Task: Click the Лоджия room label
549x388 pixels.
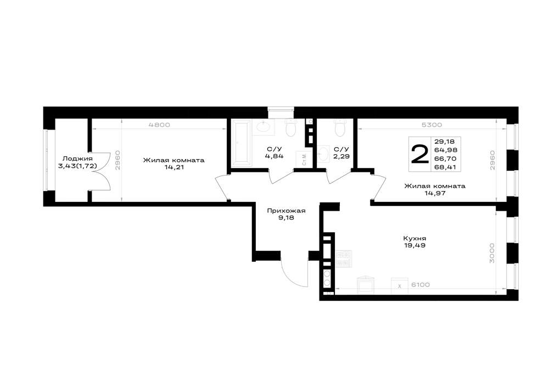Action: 77,159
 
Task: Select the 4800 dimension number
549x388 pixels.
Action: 159,125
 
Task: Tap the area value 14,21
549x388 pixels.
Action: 174,167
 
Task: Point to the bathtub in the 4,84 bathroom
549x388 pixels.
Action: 241,143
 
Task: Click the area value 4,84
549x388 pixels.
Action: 274,156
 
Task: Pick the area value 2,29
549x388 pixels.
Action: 341,156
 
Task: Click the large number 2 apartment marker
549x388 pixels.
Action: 420,154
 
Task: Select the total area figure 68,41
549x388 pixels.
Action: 445,167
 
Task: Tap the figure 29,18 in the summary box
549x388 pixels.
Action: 445,142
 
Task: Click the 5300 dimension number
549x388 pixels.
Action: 432,125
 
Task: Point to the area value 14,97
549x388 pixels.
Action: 434,193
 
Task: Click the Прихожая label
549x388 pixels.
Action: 286,211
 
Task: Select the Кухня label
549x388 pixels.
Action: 414,239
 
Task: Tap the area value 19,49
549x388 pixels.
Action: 414,245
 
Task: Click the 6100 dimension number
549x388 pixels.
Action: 420,285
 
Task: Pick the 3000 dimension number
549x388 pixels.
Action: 492,253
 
